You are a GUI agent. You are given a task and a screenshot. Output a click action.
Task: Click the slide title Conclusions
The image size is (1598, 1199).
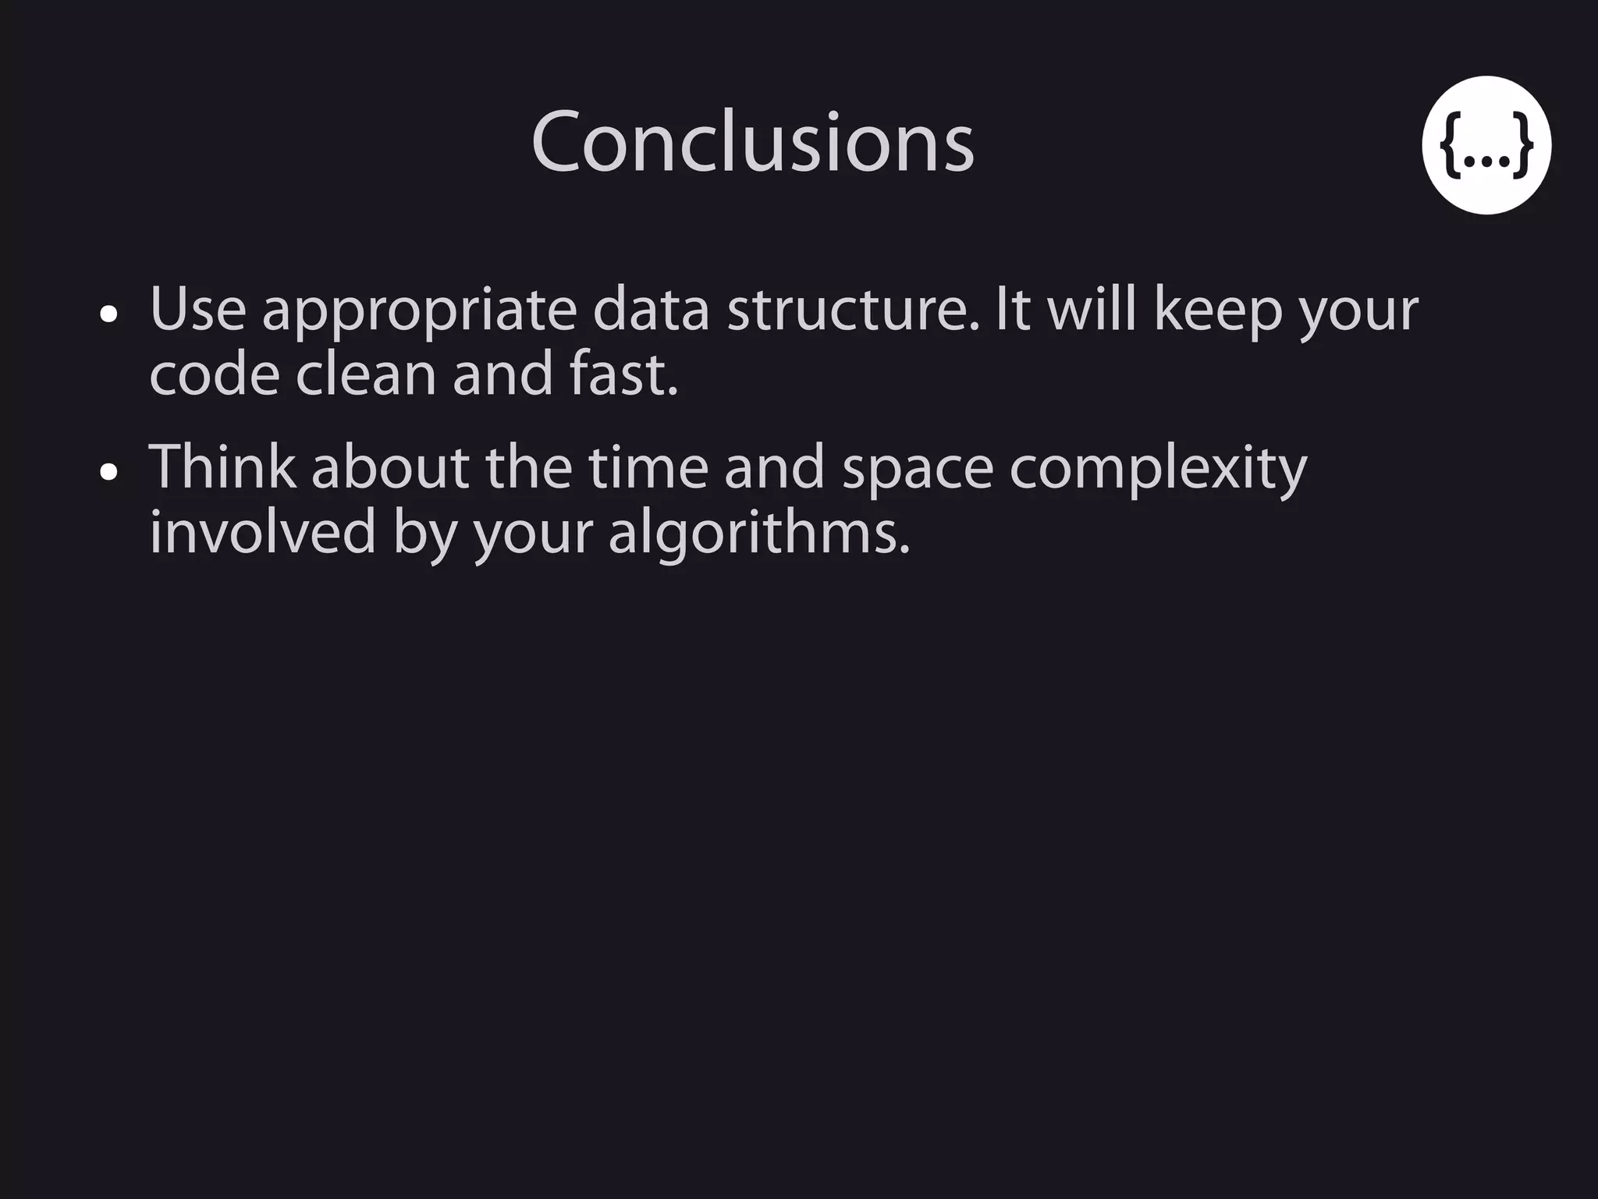[x=752, y=144]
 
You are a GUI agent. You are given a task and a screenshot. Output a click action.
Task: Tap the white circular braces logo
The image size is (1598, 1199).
[x=1486, y=145]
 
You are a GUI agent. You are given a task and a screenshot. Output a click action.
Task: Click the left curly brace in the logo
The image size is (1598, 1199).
[x=1451, y=145]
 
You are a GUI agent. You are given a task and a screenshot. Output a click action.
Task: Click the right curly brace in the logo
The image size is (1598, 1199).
[x=1522, y=145]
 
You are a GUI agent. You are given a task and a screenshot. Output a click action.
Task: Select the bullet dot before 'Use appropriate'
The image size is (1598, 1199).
[x=109, y=314]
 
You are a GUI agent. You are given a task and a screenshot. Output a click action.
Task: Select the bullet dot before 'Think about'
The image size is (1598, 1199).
[x=109, y=472]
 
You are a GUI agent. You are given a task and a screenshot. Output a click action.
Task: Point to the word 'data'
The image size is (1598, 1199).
[x=651, y=310]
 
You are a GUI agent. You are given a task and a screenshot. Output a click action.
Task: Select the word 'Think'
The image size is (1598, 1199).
[x=222, y=466]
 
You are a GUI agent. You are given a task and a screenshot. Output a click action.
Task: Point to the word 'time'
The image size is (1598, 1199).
[x=648, y=466]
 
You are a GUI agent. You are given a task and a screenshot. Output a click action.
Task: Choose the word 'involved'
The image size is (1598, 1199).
[x=263, y=532]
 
